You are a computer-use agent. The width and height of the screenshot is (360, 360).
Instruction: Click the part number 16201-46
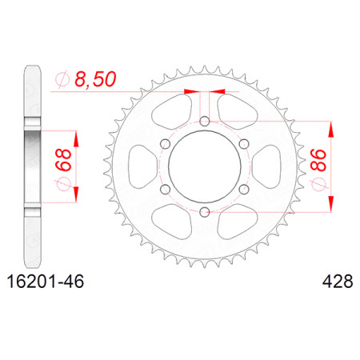46,282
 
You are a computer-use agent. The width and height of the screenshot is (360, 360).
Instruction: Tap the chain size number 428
338,282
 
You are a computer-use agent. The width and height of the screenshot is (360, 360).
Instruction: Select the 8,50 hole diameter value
95,79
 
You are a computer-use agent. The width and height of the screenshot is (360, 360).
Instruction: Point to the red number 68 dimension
63,160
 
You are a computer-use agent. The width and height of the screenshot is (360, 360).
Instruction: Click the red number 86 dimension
318,160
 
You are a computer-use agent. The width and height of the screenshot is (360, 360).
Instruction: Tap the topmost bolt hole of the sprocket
205,122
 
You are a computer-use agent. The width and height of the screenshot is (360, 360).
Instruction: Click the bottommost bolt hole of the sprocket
205,212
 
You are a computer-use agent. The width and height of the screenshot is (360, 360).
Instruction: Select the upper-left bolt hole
166,144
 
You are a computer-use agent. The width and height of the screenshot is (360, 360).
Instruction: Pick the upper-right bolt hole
244,144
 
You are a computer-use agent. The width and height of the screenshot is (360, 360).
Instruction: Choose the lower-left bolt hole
166,190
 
